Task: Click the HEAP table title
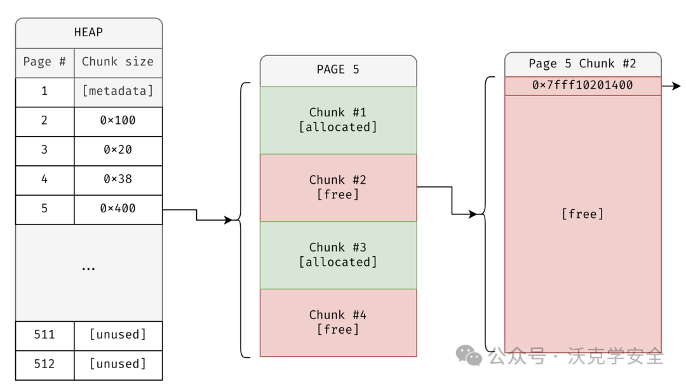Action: [x=88, y=32]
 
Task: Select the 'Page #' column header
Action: [x=44, y=62]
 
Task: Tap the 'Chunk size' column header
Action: [x=118, y=62]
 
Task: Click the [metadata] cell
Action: [x=118, y=92]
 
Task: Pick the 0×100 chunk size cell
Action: [x=118, y=121]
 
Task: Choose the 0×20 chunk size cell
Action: [x=118, y=150]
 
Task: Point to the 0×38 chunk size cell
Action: [x=118, y=179]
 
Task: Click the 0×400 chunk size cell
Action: [x=118, y=209]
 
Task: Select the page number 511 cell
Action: [x=44, y=335]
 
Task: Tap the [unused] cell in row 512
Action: [x=118, y=364]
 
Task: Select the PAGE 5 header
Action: [x=338, y=70]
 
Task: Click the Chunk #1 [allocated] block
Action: [x=338, y=120]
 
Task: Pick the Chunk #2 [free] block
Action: [x=338, y=188]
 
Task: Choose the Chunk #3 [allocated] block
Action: [x=338, y=255]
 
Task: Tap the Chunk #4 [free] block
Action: [x=338, y=322]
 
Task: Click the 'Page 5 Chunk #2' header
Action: [x=582, y=64]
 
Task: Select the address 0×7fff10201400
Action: [x=582, y=86]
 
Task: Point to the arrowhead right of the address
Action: [x=676, y=86]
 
